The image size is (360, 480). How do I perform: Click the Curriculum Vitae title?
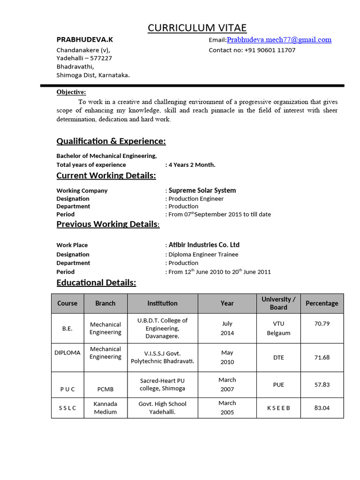pos(197,28)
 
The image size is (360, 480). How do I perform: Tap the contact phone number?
pos(270,50)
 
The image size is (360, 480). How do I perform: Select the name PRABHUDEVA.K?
pos(85,39)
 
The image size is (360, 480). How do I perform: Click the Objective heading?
pos(71,92)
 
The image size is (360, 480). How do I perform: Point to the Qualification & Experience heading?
pos(111,141)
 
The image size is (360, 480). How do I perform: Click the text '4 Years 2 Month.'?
pos(192,165)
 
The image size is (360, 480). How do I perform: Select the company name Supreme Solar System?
pos(202,190)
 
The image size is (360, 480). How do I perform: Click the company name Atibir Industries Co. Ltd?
pos(204,245)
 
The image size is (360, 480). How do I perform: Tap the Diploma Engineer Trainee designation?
pos(203,255)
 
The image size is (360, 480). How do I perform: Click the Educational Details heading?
pos(96,282)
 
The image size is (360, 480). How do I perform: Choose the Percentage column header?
pos(322,303)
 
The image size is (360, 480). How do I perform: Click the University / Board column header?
pos(278,303)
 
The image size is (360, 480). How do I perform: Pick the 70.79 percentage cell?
pos(322,323)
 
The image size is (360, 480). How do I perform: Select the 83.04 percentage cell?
pos(322,408)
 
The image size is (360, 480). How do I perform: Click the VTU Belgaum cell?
pos(278,328)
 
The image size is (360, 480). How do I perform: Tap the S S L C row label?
pos(67,408)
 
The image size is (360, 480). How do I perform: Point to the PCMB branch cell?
pos(105,389)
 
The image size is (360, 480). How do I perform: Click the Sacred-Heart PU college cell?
pos(163,384)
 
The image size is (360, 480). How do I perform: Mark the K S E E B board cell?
pos(278,408)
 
